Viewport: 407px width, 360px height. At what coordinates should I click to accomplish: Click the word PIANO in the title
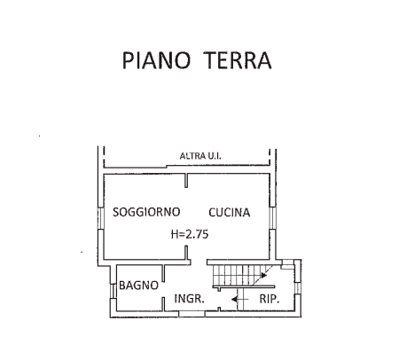pos(156,60)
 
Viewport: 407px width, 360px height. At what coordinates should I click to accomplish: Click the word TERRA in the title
pos(238,60)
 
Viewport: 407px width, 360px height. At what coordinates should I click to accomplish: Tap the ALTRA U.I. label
pos(200,156)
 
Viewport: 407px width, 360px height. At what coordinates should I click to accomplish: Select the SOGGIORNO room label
pos(146,212)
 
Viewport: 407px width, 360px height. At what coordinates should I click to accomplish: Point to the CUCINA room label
pos(230,212)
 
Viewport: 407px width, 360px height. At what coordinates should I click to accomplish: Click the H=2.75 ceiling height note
pos(190,234)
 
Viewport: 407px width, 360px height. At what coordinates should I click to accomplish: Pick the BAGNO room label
pos(138,286)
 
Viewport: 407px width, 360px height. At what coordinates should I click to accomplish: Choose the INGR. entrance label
pos(189,299)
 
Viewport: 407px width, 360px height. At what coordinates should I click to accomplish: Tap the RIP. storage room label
pos(270,299)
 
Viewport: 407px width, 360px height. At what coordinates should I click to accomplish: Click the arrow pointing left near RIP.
pos(239,300)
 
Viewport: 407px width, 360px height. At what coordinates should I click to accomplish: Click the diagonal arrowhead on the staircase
pos(263,276)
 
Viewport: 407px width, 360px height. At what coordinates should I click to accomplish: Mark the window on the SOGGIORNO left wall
pos(101,218)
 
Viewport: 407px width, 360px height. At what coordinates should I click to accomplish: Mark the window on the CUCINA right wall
pos(272,218)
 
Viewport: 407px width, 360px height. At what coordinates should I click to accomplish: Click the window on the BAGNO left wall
pos(113,291)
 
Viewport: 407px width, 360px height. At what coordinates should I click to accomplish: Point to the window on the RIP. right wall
pos(298,288)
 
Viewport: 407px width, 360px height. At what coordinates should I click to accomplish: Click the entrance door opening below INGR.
pos(192,314)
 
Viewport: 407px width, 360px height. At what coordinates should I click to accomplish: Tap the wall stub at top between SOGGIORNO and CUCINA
pos(186,180)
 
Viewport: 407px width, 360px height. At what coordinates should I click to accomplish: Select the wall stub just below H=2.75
pos(186,253)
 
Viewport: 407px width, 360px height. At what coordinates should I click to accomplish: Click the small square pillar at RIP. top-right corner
pos(286,264)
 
